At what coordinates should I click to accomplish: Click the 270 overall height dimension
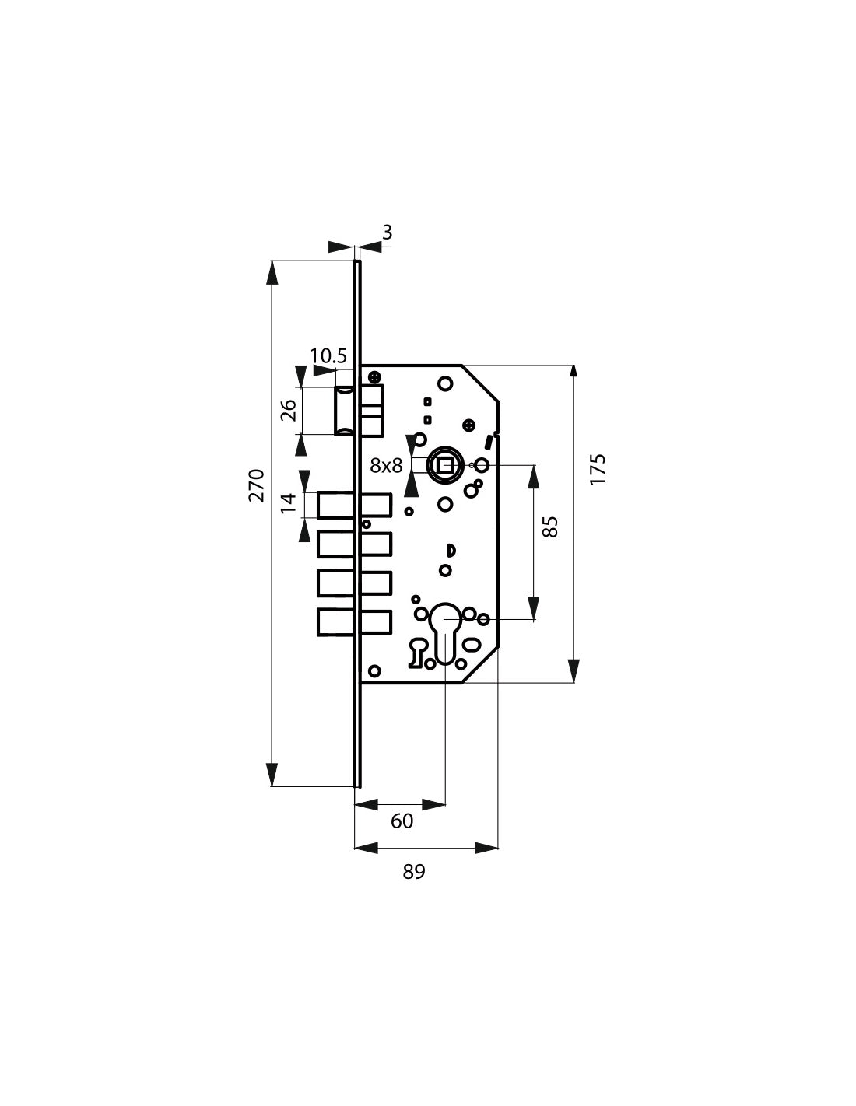coord(257,485)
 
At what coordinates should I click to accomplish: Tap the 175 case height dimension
coord(598,469)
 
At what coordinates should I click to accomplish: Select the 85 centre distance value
coord(550,527)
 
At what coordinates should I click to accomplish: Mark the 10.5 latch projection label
coord(328,355)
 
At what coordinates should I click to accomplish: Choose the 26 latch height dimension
coord(288,410)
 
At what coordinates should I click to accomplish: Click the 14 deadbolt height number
coord(288,503)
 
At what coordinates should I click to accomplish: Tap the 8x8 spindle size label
coord(386,465)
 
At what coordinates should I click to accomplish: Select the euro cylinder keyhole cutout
coord(444,632)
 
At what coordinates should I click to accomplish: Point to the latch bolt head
coord(343,411)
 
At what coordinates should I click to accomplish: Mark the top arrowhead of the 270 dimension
coord(272,275)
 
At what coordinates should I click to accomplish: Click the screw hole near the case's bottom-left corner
coord(374,670)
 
